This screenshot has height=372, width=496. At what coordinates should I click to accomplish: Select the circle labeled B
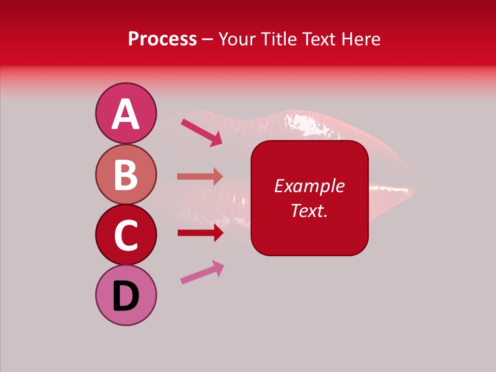126,174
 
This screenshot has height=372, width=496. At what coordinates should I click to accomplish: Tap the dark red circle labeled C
126,235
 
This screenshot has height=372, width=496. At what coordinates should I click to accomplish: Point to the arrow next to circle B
200,177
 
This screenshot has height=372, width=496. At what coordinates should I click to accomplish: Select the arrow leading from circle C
200,233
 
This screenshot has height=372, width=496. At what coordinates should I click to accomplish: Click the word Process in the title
162,39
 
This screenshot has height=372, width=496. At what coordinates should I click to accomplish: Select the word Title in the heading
277,39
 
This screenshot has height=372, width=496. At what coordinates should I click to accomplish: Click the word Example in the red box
309,186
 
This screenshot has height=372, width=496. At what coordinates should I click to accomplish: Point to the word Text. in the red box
309,210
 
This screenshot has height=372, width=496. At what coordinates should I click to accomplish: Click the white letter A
126,114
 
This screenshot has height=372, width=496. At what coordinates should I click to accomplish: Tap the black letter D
126,297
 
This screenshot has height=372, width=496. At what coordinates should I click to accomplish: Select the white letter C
126,235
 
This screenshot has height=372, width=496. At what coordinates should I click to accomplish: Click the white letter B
126,174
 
